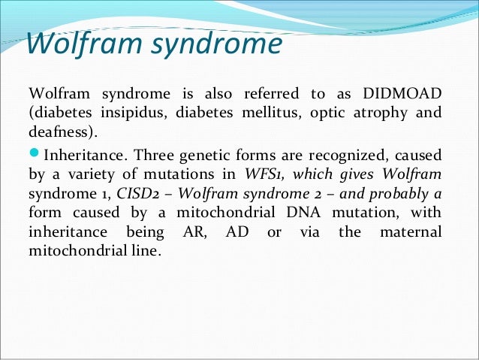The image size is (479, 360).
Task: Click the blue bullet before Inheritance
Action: point(34,155)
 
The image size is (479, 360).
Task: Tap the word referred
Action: point(267,93)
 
